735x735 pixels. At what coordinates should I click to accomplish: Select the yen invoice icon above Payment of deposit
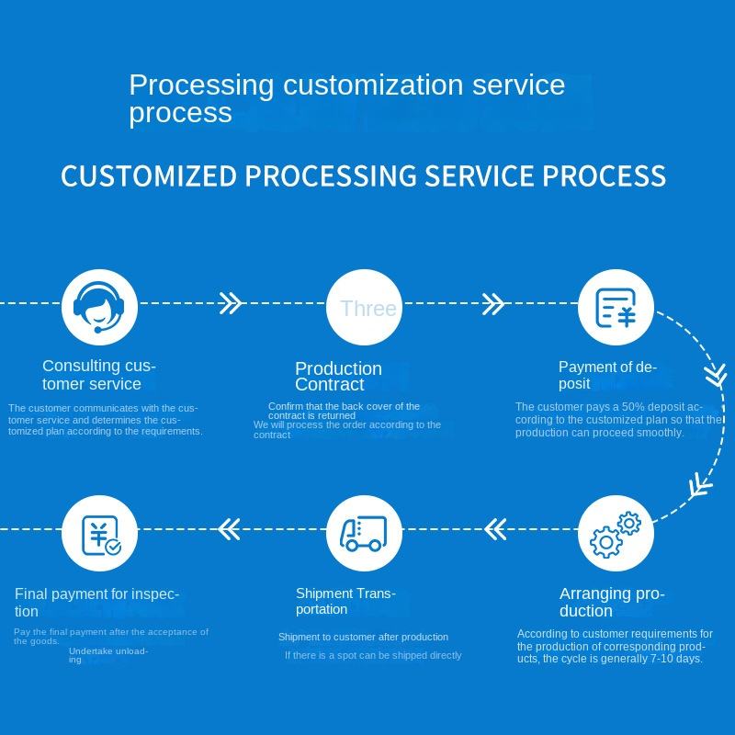(x=616, y=308)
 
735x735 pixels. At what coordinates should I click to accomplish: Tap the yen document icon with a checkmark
(x=99, y=533)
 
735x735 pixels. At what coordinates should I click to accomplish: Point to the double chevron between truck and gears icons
(x=495, y=528)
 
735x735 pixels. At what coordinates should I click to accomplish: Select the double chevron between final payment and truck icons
(x=230, y=528)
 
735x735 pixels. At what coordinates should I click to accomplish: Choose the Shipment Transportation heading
(x=345, y=602)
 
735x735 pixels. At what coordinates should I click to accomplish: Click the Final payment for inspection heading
(x=96, y=603)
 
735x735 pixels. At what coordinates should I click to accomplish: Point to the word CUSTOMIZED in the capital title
(x=148, y=175)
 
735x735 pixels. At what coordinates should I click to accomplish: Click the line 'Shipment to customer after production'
(x=363, y=637)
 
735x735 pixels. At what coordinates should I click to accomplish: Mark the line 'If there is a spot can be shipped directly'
(x=373, y=655)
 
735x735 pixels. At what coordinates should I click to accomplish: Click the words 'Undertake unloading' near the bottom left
(x=107, y=654)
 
